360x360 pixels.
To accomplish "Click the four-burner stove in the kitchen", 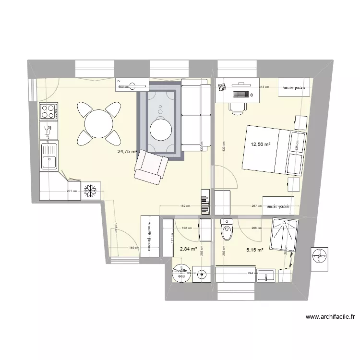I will [x=48, y=111].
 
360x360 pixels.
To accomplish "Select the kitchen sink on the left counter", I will [x=48, y=156].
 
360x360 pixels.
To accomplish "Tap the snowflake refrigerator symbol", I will [x=90, y=191].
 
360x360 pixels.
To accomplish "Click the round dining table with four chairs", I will [x=99, y=122].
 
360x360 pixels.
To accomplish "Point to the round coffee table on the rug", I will [x=161, y=129].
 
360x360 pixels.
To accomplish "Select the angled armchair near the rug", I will [x=152, y=168].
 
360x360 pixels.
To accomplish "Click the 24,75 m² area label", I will [x=127, y=151].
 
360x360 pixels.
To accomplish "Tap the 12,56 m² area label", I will [x=260, y=144].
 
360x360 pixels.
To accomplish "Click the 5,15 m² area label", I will [x=254, y=250].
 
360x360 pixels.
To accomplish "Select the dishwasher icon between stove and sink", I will [x=48, y=132].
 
